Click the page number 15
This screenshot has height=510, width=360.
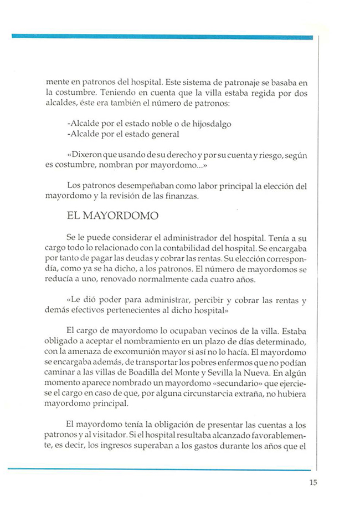tap(313, 481)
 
